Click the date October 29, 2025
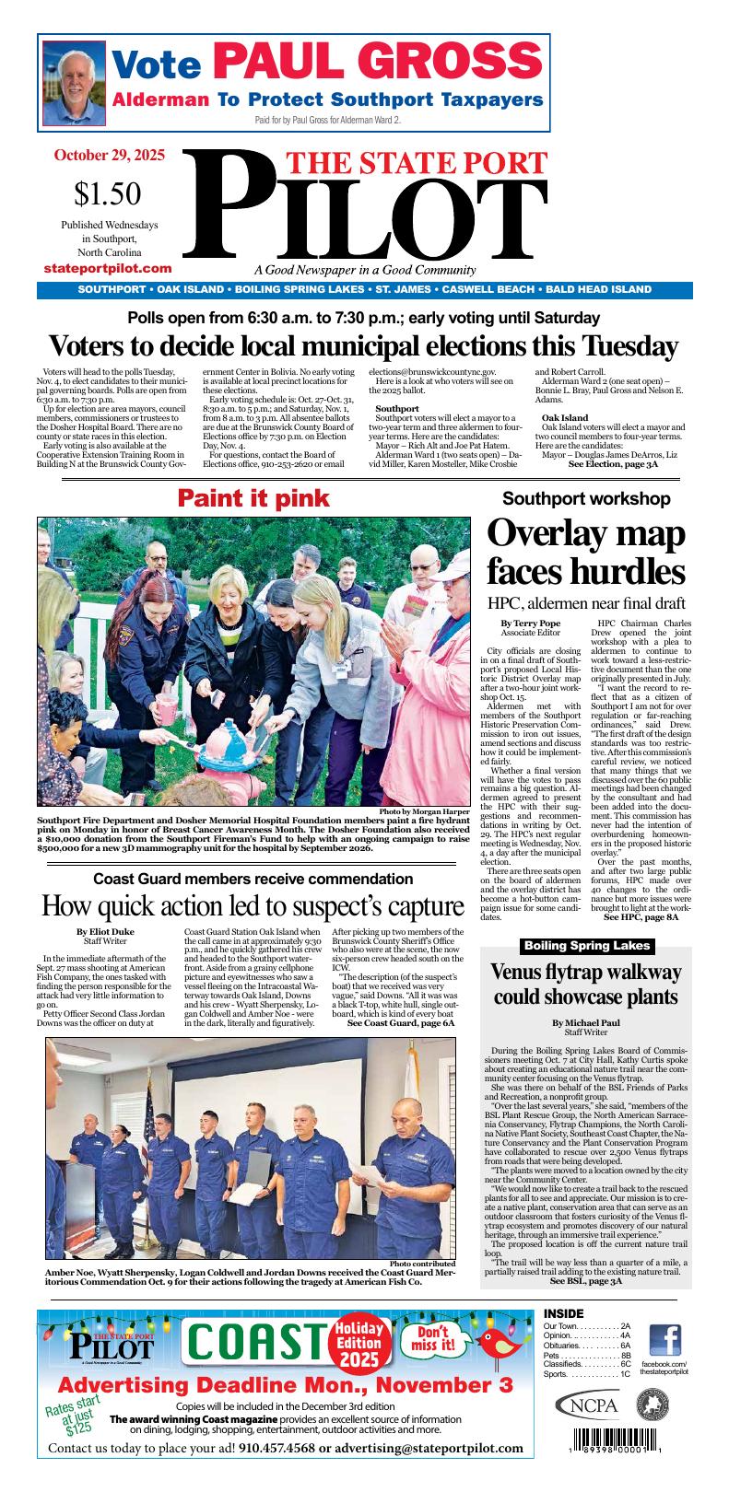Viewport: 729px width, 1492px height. [x=109, y=156]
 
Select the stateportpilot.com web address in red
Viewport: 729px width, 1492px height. [x=108, y=268]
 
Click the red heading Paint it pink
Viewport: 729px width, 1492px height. [x=253, y=498]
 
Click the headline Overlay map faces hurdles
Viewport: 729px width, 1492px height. [x=585, y=552]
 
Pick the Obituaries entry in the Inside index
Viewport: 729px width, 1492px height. [x=586, y=1346]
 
